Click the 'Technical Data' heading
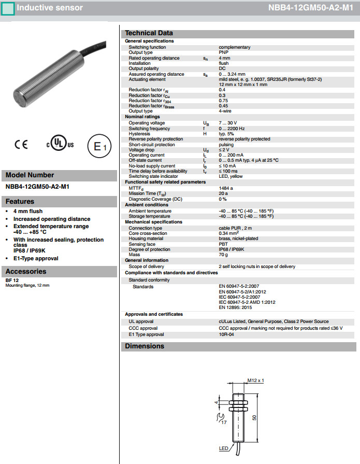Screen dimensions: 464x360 tap(149, 33)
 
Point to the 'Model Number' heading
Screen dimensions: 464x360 tap(30, 175)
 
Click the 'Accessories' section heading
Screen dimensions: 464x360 tap(26, 271)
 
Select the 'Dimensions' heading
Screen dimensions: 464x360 tap(145, 346)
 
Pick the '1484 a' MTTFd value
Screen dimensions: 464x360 tap(226, 188)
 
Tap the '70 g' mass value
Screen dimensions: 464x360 tap(223, 255)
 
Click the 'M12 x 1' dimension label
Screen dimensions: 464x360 tap(255, 381)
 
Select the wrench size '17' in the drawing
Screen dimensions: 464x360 tap(224, 423)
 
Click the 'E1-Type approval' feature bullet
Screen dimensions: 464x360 tap(36, 258)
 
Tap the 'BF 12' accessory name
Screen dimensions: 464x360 tap(12, 280)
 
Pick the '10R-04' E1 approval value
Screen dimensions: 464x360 tap(227, 335)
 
